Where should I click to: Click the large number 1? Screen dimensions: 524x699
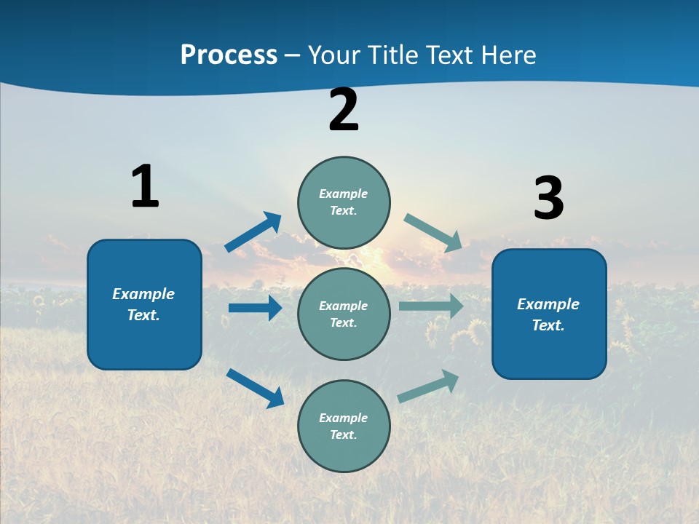(x=145, y=186)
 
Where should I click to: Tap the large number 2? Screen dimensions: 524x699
(x=344, y=110)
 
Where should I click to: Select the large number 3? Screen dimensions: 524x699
(x=548, y=199)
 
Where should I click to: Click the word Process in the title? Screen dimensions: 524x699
(x=229, y=55)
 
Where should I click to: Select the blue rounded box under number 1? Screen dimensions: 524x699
(x=144, y=304)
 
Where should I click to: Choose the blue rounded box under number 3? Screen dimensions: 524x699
(x=549, y=314)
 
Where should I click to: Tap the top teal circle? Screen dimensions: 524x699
(x=344, y=202)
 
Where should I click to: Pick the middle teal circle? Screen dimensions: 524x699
(x=344, y=314)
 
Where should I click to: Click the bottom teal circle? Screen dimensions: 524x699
(x=344, y=426)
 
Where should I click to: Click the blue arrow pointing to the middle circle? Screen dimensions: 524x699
(x=255, y=308)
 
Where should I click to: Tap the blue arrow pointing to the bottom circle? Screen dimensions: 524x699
(x=256, y=388)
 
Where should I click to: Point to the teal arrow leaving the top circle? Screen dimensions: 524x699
(x=433, y=233)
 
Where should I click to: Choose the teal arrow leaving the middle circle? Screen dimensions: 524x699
(x=431, y=306)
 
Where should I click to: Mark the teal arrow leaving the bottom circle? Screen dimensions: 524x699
(x=428, y=386)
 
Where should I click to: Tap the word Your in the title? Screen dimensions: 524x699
(x=331, y=55)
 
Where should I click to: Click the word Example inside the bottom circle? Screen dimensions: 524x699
(x=344, y=418)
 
